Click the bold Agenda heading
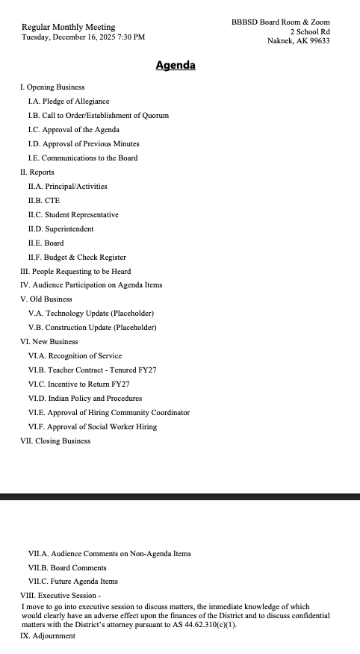click(x=176, y=66)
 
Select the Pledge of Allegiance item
click(x=69, y=101)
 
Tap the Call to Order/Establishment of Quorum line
click(x=99, y=115)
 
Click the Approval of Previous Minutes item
click(x=84, y=143)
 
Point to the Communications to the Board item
click(x=83, y=158)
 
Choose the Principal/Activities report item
click(x=68, y=186)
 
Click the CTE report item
click(x=44, y=200)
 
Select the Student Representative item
click(x=73, y=214)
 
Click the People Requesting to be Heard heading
click(x=75, y=271)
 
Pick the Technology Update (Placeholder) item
click(x=91, y=314)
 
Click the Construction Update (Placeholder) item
click(x=93, y=328)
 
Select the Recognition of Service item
click(x=75, y=355)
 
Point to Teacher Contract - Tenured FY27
click(x=93, y=370)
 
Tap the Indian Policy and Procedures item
click(x=85, y=398)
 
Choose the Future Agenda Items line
click(x=73, y=581)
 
